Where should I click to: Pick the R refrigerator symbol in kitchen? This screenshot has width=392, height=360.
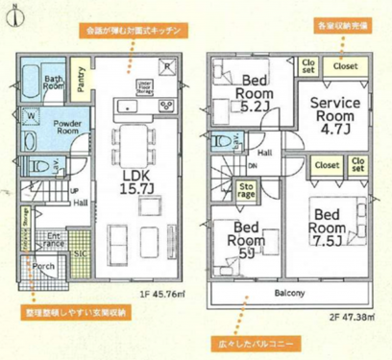pos(167,66)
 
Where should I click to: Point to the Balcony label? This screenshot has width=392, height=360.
pos(289,292)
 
